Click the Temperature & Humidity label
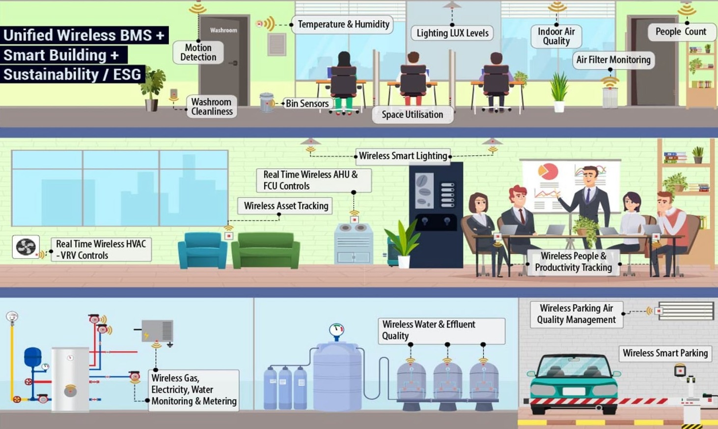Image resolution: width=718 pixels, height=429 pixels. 343,25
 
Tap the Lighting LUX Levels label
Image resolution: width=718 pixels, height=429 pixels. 452,33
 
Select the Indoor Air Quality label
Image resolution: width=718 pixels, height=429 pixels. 556,36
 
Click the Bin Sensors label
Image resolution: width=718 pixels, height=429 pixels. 307,104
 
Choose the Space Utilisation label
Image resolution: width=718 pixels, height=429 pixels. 412,114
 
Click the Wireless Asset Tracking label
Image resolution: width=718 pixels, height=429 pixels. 286,206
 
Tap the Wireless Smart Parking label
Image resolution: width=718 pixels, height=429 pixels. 665,353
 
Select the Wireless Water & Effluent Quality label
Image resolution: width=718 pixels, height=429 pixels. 441,330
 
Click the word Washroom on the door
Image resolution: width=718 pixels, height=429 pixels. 223,30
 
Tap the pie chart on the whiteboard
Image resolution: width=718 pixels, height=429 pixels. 548,172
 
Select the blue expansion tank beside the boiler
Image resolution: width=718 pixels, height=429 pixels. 33,357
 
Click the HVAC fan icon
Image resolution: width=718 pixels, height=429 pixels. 26,247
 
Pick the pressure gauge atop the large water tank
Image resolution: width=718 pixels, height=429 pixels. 336,330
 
